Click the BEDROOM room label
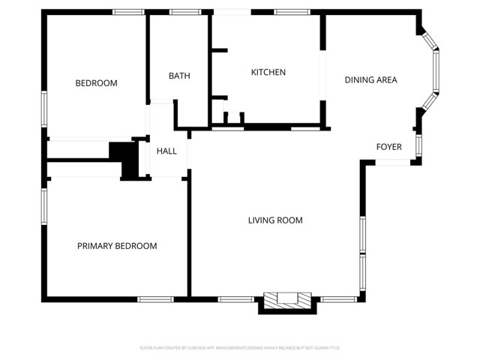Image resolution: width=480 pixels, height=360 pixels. pos(96,83)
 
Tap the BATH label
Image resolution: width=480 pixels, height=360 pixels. pos(179,76)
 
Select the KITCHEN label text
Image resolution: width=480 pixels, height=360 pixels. pos(268,72)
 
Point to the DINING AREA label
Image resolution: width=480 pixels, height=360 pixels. pos(370,79)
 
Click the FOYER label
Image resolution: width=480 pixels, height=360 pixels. pos(388,147)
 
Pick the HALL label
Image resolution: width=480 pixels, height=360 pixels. pos(166,151)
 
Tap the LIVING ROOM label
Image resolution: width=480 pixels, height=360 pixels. pos(275,220)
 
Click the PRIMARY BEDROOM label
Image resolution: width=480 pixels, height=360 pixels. pos(117,246)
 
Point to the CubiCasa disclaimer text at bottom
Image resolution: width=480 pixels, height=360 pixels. pos(240,348)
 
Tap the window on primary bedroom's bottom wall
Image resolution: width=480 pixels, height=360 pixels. pos(156,299)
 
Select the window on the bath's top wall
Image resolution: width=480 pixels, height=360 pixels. pos(181,12)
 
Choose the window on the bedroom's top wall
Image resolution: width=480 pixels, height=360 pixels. pos(128,12)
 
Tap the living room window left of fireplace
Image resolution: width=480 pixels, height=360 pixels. pos(235,299)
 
